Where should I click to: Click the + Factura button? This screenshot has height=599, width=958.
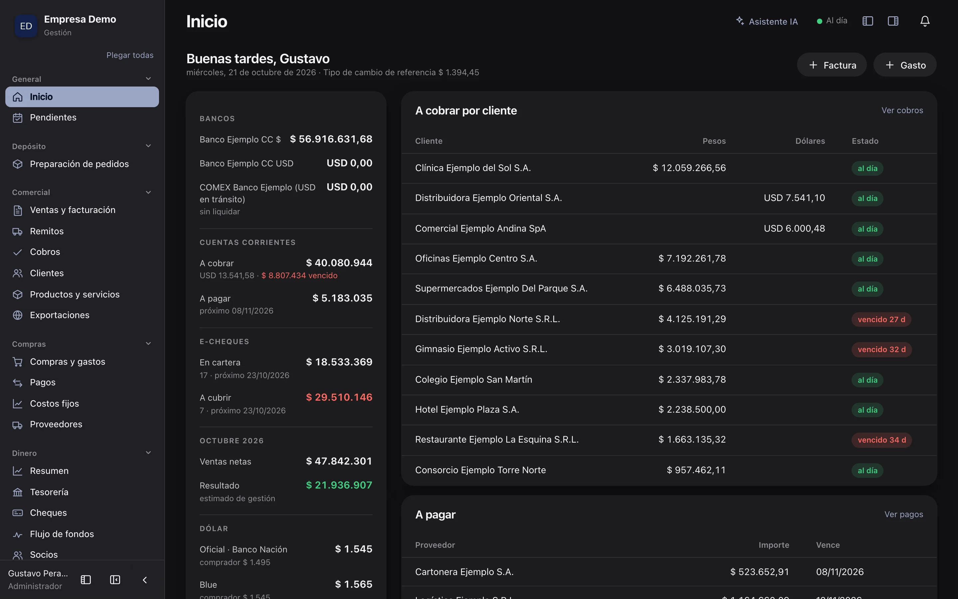(x=831, y=65)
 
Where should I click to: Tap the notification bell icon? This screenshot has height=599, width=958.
(x=925, y=21)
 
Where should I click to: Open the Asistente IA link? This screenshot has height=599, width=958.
(x=767, y=21)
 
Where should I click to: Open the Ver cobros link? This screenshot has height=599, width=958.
(x=902, y=110)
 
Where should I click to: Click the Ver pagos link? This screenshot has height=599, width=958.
(x=904, y=514)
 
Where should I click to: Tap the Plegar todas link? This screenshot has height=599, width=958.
(x=130, y=55)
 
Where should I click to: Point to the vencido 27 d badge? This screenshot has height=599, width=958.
(x=881, y=319)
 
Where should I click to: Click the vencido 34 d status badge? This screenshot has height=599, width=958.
(x=881, y=440)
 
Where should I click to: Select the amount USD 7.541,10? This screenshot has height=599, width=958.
(x=794, y=198)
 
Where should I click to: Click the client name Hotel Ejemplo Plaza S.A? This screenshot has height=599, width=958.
(x=467, y=409)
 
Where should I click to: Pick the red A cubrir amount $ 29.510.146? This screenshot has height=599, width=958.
(x=339, y=397)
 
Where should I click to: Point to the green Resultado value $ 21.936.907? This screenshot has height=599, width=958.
(x=339, y=485)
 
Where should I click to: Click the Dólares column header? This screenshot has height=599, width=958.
(x=810, y=141)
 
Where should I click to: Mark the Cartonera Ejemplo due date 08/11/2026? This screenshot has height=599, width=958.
(x=840, y=572)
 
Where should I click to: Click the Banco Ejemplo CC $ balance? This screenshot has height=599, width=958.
(x=331, y=139)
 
